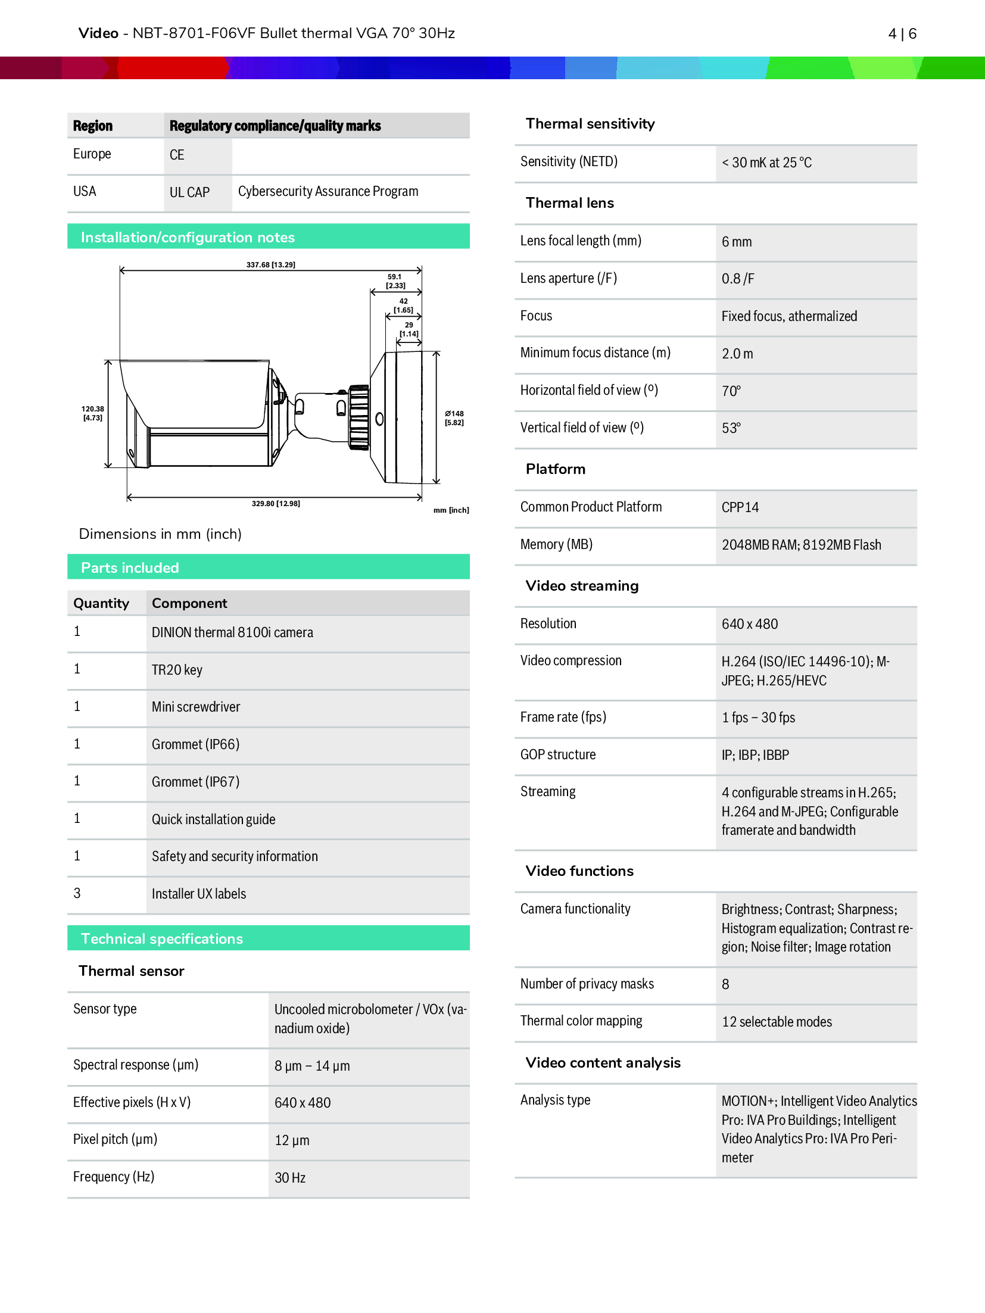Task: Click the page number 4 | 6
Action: [902, 34]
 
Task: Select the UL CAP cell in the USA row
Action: [190, 192]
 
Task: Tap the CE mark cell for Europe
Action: [177, 155]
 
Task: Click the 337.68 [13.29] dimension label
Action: [270, 264]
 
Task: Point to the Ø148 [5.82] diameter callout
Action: [454, 418]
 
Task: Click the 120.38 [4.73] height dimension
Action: [92, 413]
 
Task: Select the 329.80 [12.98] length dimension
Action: [275, 504]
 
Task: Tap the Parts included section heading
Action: [130, 567]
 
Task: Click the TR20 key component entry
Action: [177, 670]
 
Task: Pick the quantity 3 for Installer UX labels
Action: [77, 893]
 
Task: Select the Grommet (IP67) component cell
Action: [195, 782]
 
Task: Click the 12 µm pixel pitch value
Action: [292, 1140]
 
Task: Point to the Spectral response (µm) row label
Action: [136, 1065]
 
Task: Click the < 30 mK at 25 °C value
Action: [766, 163]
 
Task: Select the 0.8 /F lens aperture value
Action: [738, 279]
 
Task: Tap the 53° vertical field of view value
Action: [731, 428]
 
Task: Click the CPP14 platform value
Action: [740, 507]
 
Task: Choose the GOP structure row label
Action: [558, 754]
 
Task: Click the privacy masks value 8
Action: [725, 984]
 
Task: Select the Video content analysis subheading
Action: [603, 1063]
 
